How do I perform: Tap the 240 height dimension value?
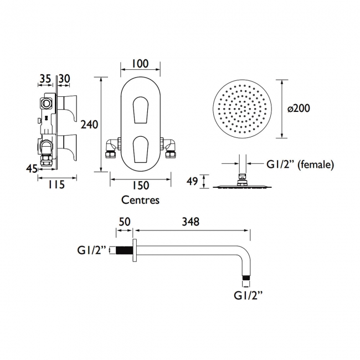89,125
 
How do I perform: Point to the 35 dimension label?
44,79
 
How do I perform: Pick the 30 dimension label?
64,79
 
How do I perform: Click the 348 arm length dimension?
191,222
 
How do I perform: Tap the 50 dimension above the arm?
125,222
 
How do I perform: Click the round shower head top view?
242,109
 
